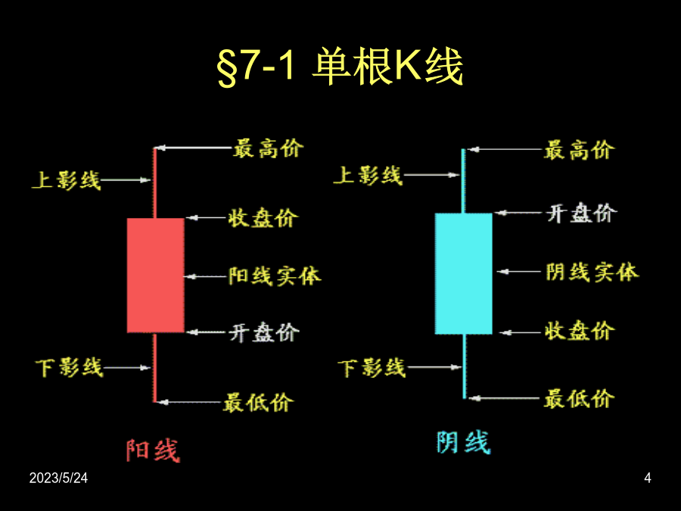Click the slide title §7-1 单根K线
[x=340, y=67]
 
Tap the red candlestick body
[x=155, y=276]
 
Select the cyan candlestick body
[x=463, y=273]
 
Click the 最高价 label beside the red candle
[x=268, y=148]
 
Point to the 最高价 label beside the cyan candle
[x=579, y=151]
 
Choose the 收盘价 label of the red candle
[x=263, y=218]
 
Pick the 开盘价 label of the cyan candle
[x=582, y=213]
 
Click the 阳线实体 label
[x=275, y=276]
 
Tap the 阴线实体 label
[x=592, y=272]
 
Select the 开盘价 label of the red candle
[x=264, y=333]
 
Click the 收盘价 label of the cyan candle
[x=580, y=331]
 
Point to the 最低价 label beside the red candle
[x=258, y=403]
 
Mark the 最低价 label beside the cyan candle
[x=579, y=398]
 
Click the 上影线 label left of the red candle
[x=66, y=180]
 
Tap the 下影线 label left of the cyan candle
[x=372, y=368]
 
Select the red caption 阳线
[x=153, y=450]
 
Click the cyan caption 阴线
[x=463, y=442]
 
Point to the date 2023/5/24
[x=58, y=478]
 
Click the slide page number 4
[x=648, y=478]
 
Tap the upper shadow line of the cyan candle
[x=463, y=181]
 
